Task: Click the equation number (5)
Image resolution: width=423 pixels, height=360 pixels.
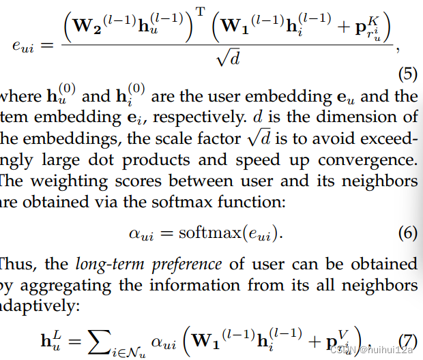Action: point(407,72)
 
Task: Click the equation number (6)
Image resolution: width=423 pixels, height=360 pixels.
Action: point(407,233)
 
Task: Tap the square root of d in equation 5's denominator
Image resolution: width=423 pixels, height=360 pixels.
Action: point(228,59)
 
